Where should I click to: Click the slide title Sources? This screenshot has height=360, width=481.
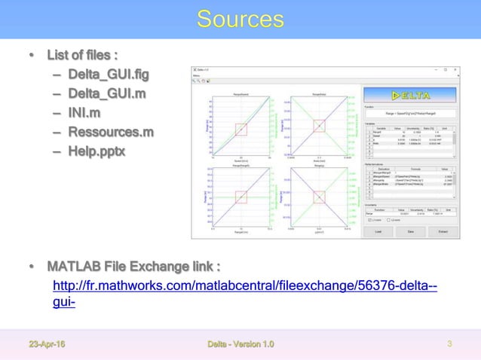[x=240, y=18]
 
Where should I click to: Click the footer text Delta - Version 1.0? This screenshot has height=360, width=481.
[x=240, y=345]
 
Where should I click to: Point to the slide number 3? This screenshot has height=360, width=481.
[x=449, y=345]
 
